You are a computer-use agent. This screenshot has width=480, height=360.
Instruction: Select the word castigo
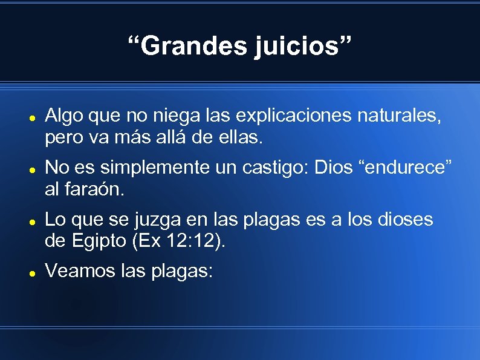tap(277, 166)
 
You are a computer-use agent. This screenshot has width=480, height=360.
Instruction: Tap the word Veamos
tap(76, 272)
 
